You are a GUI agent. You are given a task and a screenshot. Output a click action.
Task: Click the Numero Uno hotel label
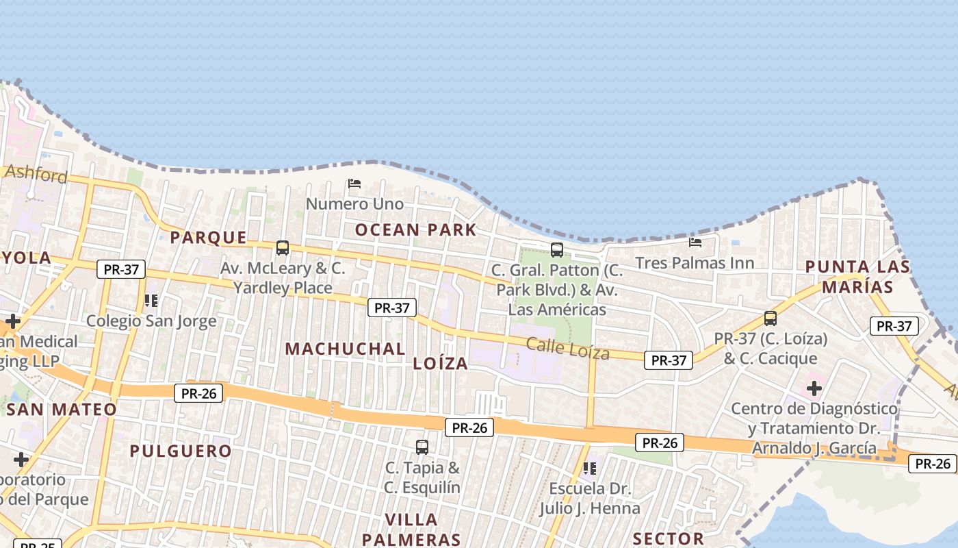354,204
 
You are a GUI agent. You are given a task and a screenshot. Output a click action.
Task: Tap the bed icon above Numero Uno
354,184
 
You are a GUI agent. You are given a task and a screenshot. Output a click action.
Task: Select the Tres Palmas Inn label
695,263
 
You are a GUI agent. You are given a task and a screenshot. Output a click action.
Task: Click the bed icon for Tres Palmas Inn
695,242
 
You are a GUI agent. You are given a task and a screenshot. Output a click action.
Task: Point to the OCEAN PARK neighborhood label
415,229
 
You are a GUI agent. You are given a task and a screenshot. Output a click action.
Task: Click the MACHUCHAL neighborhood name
345,349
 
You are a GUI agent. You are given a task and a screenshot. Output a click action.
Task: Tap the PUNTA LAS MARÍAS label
857,277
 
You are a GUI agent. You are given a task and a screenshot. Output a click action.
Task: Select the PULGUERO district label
181,451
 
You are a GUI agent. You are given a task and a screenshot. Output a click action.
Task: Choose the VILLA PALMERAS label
411,529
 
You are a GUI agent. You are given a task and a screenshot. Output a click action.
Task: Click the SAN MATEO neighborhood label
62,410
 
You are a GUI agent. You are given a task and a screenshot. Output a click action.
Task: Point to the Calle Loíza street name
567,349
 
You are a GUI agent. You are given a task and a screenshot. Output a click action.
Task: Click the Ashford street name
36,173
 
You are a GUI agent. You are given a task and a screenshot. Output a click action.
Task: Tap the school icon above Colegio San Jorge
151,300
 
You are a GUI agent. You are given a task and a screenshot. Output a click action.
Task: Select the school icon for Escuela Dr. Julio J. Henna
589,469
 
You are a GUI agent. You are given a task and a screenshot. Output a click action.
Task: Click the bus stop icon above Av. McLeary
282,248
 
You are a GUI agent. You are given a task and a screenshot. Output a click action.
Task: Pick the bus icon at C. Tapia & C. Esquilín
422,447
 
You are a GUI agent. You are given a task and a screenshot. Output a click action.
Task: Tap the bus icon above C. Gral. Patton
557,250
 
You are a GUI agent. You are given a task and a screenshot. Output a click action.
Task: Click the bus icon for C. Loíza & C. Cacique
771,318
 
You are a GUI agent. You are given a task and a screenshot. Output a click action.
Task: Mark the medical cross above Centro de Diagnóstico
814,388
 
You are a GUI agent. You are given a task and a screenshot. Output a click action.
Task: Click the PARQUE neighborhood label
208,238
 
